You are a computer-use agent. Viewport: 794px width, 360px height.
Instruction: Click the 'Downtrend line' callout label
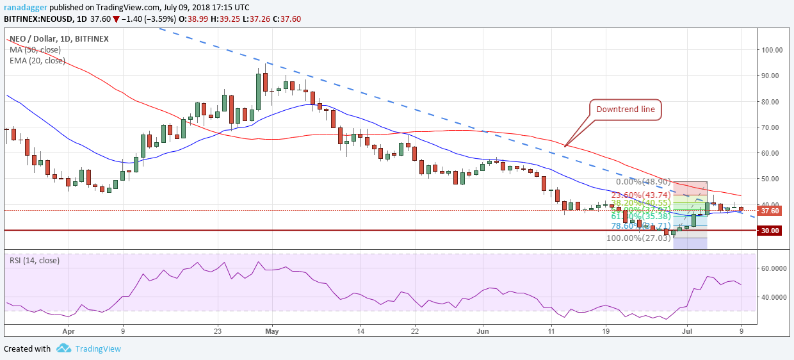pyautogui.click(x=625, y=110)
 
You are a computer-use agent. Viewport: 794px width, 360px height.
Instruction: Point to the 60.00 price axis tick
pyautogui.click(x=770, y=153)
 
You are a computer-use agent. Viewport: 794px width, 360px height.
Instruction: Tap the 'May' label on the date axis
pyautogui.click(x=272, y=332)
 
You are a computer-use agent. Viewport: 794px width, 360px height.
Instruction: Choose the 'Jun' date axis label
pyautogui.click(x=483, y=332)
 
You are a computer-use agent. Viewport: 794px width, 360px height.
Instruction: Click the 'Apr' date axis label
pyautogui.click(x=69, y=332)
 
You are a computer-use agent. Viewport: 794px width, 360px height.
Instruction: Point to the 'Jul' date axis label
pyautogui.click(x=686, y=332)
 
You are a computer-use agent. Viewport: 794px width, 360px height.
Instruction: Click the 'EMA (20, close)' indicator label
pyautogui.click(x=37, y=61)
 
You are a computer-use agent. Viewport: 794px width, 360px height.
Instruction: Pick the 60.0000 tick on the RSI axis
pyautogui.click(x=774, y=269)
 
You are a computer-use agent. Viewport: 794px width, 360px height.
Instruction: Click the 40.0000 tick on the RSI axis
pyautogui.click(x=774, y=297)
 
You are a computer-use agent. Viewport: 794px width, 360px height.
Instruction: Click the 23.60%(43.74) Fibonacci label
pyautogui.click(x=642, y=196)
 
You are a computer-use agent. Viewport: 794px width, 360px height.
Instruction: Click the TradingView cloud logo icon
pyautogui.click(x=63, y=348)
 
